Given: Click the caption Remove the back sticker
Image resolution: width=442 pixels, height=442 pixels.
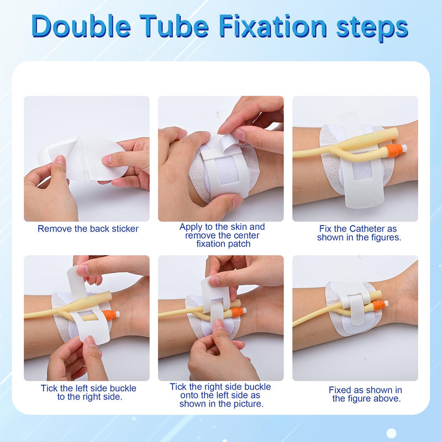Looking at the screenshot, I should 88,228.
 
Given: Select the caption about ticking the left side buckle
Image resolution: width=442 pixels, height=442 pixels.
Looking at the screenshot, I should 88,392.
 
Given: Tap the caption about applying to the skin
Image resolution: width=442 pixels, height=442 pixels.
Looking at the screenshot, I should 222,235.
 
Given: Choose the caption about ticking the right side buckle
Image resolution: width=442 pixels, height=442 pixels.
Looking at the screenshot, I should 220,395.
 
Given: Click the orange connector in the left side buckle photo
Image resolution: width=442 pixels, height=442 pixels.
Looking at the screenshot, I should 110,314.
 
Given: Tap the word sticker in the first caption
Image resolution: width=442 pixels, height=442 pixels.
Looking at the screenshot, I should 125,228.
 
